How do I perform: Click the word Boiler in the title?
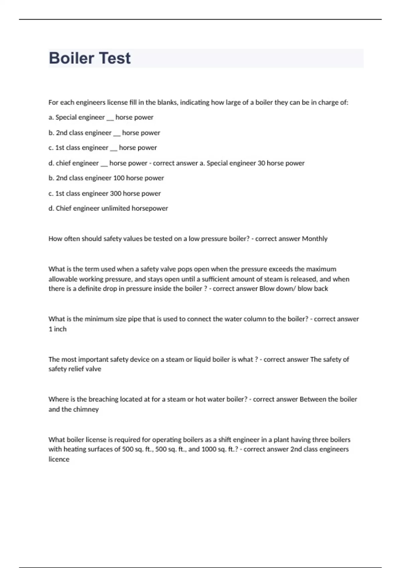tap(72, 58)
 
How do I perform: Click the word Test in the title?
tap(115, 58)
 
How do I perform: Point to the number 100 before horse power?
tap(119, 178)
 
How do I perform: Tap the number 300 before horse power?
tap(116, 193)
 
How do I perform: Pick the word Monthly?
tap(314, 239)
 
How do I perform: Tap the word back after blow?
tap(321, 289)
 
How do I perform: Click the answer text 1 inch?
tap(57, 329)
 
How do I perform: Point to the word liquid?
tap(203, 360)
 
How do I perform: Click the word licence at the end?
tap(59, 459)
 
